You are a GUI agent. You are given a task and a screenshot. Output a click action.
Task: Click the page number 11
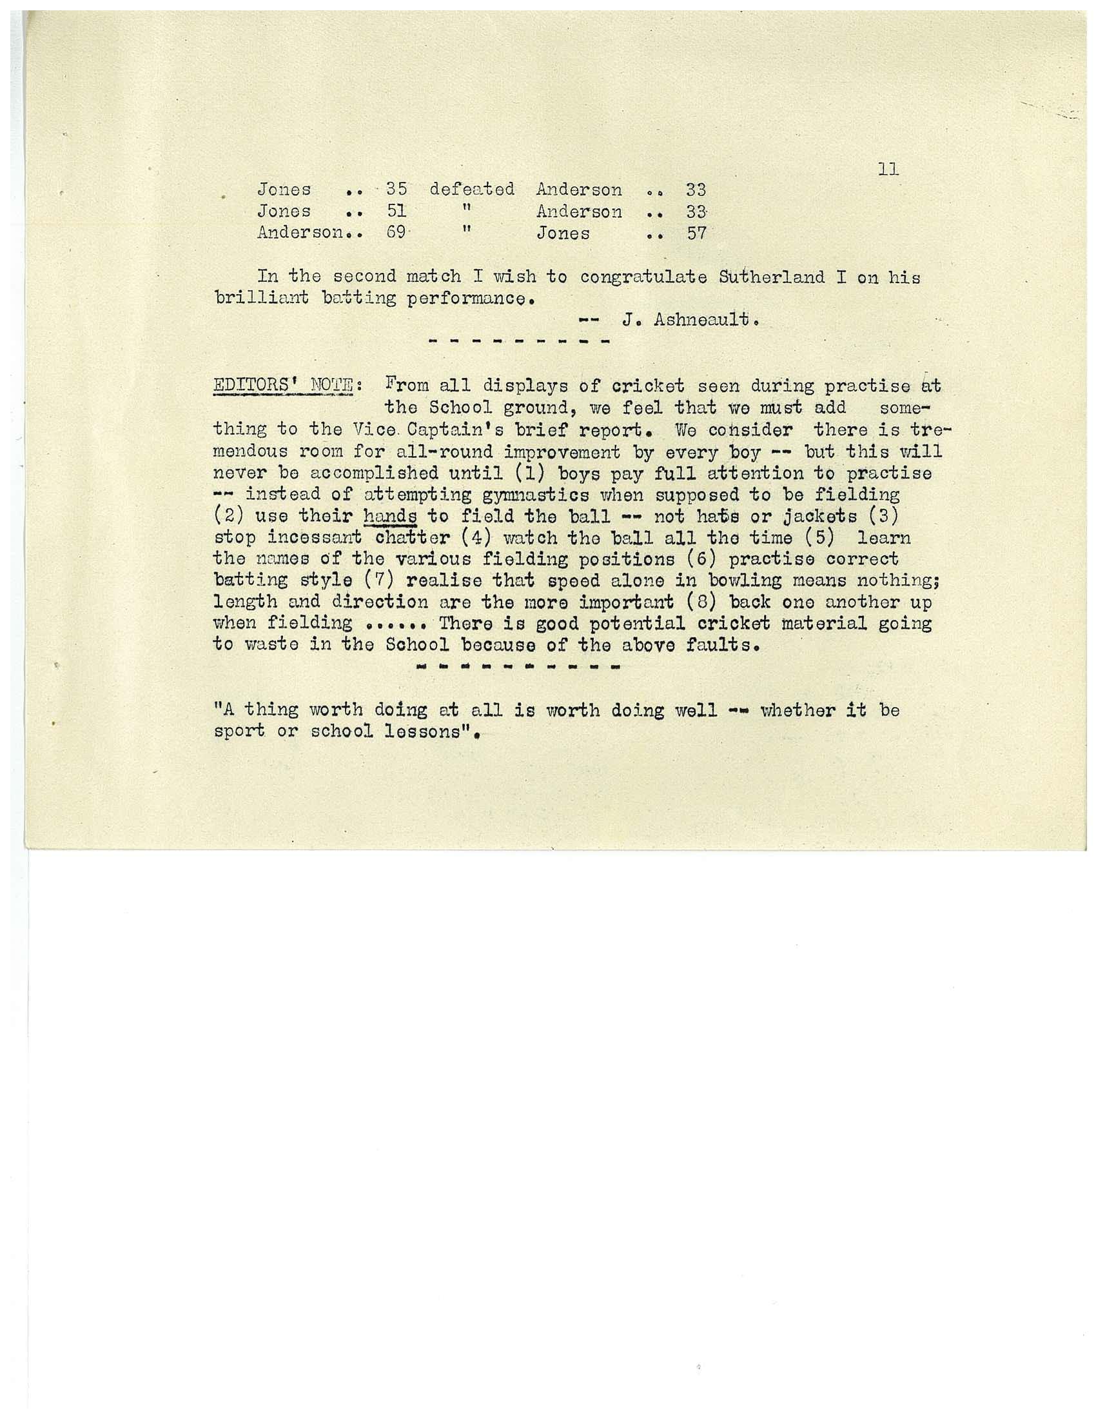pyautogui.click(x=888, y=170)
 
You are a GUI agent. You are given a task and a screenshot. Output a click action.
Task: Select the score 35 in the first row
pyautogui.click(x=396, y=189)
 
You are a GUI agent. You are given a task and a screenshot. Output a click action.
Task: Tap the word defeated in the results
pyautogui.click(x=472, y=189)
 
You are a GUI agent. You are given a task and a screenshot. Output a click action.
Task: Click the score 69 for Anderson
pyautogui.click(x=396, y=233)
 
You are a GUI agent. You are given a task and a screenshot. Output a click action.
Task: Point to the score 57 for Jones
pyautogui.click(x=697, y=233)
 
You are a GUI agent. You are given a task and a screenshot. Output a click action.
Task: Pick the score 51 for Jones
pyautogui.click(x=396, y=211)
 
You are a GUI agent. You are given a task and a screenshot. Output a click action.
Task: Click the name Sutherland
pyautogui.click(x=772, y=277)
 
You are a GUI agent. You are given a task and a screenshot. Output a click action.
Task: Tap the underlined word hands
pyautogui.click(x=390, y=517)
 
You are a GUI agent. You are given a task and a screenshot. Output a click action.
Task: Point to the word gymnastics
pyautogui.click(x=536, y=495)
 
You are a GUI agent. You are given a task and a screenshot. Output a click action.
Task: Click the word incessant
pyautogui.click(x=315, y=538)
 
